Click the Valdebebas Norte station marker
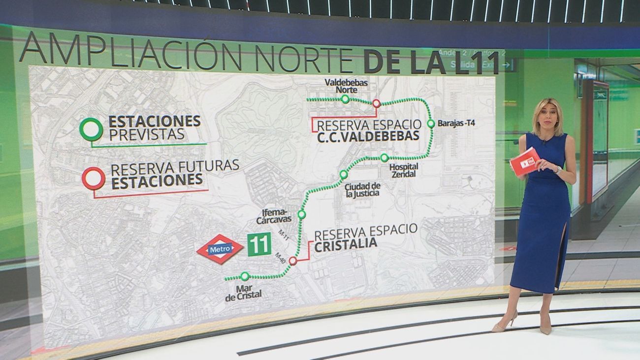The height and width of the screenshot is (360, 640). tap(345, 99)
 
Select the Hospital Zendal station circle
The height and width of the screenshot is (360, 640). tap(384, 158)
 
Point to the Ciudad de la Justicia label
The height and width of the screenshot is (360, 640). tap(363, 190)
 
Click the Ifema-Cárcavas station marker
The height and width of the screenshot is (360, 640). tap(302, 214)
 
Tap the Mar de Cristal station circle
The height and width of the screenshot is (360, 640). tap(245, 277)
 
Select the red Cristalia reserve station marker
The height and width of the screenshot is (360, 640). tap(293, 261)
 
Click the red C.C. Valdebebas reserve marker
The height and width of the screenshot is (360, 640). tap(376, 103)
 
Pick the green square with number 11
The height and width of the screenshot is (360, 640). tap(259, 244)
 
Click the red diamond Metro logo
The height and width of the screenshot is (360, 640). tap(220, 249)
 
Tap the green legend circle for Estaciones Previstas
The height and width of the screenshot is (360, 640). tap(91, 130)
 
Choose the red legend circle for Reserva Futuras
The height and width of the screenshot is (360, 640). tap(93, 178)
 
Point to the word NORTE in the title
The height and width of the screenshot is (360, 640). tap(301, 59)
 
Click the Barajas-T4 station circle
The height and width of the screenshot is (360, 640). tap(431, 124)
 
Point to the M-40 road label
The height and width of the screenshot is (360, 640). tap(280, 257)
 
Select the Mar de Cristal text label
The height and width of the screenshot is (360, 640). tap(243, 291)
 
